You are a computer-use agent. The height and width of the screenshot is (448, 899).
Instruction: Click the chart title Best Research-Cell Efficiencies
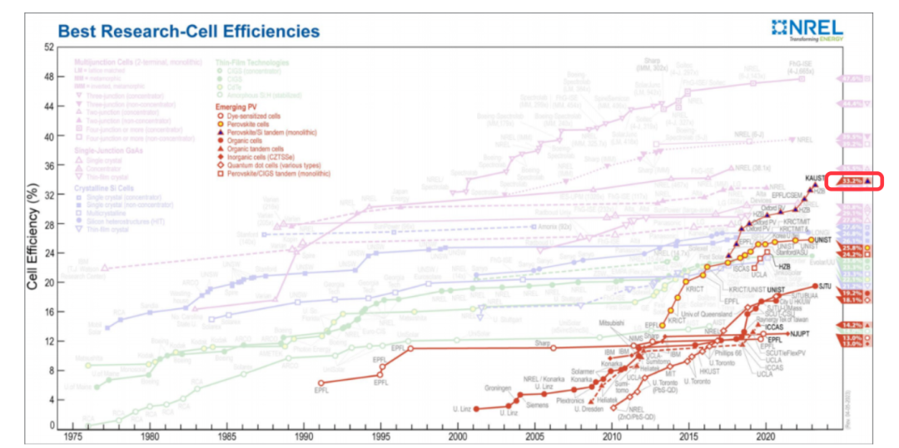tap(188, 32)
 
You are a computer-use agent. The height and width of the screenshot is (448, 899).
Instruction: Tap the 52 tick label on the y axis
tap(49, 47)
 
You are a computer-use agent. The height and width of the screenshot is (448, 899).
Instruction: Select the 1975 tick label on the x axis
tap(72, 436)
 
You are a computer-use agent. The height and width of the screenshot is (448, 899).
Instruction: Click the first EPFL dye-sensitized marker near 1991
tap(320, 383)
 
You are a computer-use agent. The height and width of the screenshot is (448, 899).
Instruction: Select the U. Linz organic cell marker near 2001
tap(476, 409)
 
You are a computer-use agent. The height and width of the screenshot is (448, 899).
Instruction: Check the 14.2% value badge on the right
tap(853, 324)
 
